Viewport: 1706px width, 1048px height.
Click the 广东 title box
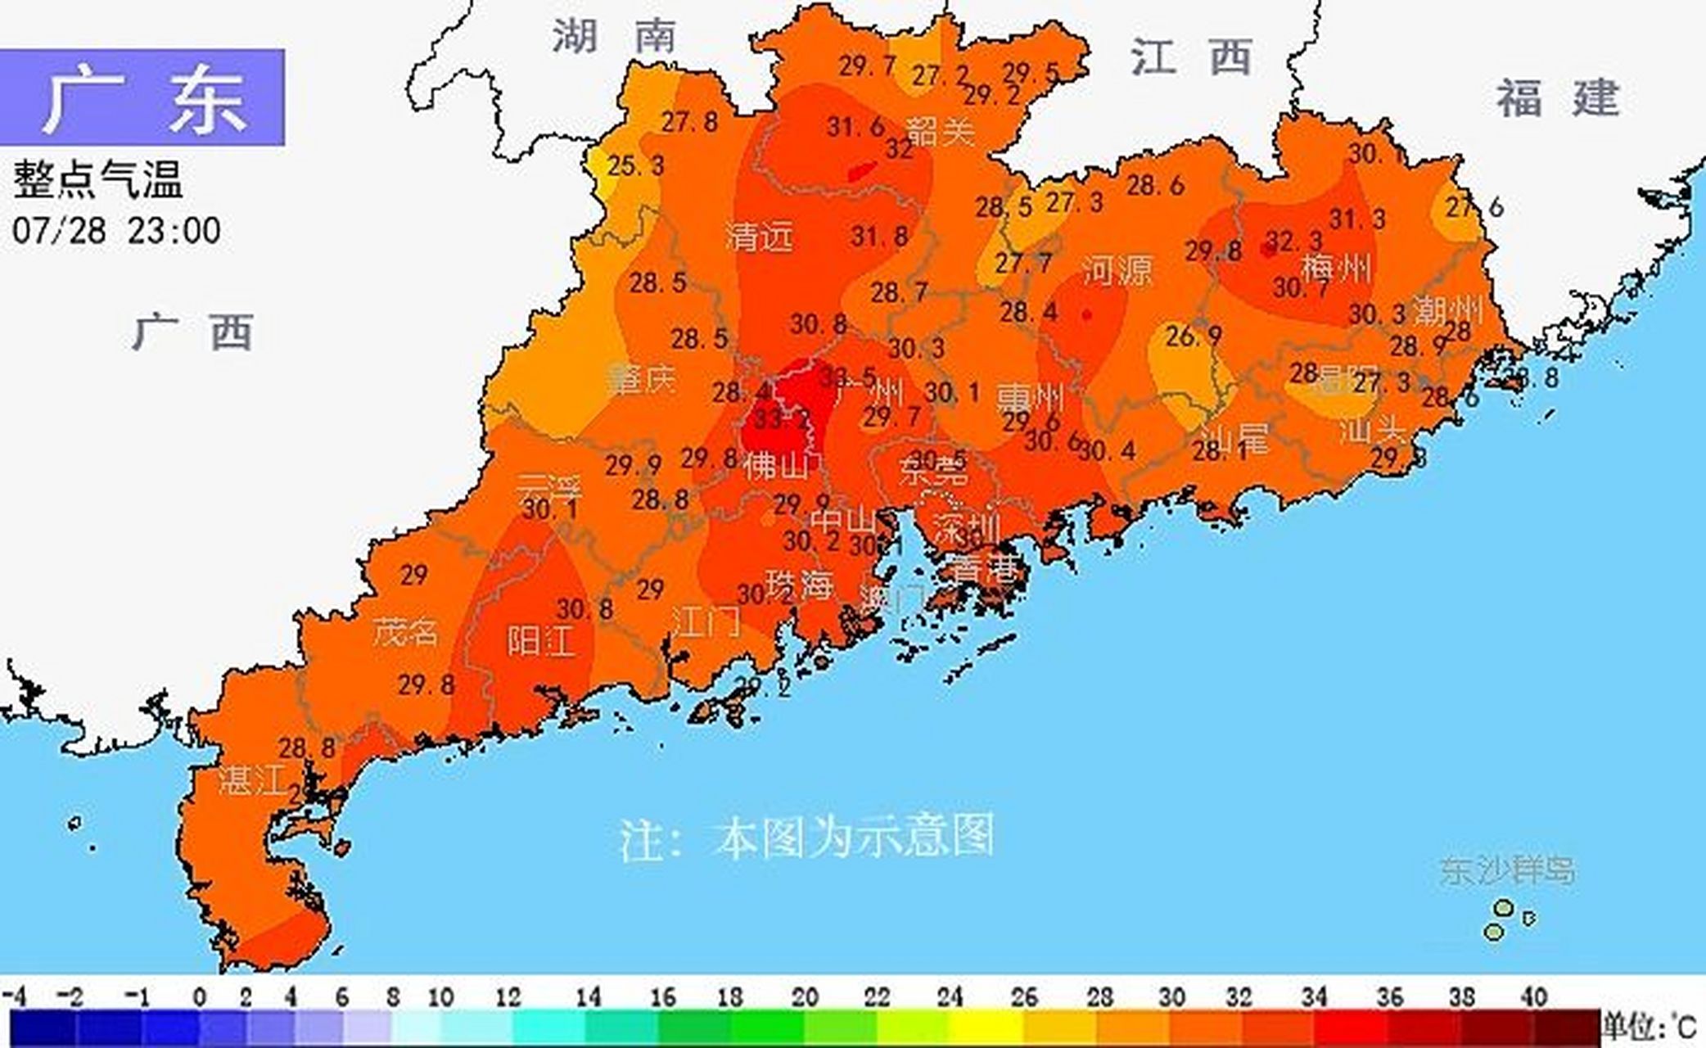point(142,97)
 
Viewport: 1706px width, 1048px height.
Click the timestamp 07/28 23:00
point(116,231)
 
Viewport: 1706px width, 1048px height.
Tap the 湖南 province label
point(614,37)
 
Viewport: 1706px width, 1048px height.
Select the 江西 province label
point(1191,57)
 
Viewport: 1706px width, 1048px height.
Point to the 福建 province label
point(1558,98)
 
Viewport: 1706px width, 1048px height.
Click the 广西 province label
point(193,332)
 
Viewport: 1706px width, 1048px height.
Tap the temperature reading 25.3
point(636,166)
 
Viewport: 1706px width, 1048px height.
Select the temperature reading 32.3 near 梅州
point(1294,241)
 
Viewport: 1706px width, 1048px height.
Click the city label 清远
point(760,237)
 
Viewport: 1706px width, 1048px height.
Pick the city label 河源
point(1117,269)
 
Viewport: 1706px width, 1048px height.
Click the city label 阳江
point(541,640)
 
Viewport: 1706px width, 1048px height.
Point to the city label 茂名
point(406,632)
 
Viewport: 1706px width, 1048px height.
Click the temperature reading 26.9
point(1193,336)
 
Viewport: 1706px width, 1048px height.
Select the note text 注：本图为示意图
point(806,837)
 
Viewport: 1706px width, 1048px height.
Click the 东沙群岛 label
point(1507,870)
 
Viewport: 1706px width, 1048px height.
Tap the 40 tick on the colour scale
point(1534,997)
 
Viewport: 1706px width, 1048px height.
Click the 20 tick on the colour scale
point(805,997)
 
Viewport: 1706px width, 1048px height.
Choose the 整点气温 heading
point(97,180)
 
